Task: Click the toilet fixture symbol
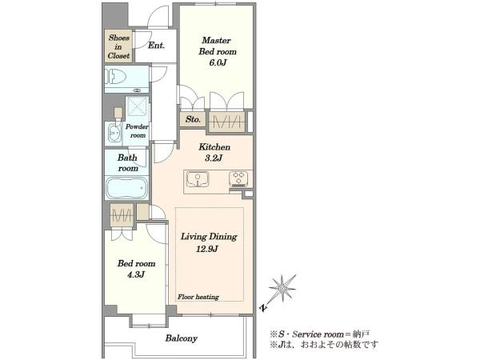click(x=116, y=76)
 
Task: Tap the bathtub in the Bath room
click(x=126, y=188)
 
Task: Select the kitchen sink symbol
click(x=198, y=179)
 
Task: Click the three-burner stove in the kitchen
click(x=238, y=179)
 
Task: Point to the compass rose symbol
click(x=282, y=288)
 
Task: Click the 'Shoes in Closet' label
click(x=118, y=46)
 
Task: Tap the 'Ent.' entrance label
click(x=156, y=46)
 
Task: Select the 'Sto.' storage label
click(x=193, y=119)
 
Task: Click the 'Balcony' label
click(x=182, y=338)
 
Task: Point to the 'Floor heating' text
click(x=198, y=297)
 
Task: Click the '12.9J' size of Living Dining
click(x=207, y=249)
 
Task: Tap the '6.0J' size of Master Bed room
click(x=218, y=62)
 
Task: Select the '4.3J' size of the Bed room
click(x=136, y=274)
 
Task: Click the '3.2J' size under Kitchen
click(x=214, y=158)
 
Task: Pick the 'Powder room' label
click(x=137, y=130)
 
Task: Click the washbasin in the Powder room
click(x=114, y=134)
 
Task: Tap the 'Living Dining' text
click(x=209, y=237)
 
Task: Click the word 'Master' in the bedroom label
click(x=217, y=40)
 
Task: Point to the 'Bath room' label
click(x=128, y=163)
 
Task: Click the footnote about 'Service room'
click(x=320, y=334)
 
